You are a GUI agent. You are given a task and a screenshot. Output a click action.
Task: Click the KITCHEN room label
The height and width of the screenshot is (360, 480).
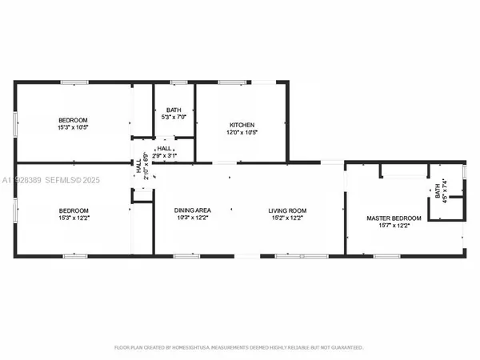click(242, 125)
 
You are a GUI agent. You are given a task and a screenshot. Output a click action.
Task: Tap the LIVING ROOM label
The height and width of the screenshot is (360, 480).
click(287, 210)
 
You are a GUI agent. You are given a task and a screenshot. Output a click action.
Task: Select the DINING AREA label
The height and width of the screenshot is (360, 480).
click(192, 210)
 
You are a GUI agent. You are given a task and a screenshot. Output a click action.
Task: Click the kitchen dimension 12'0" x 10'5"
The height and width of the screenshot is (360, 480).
click(242, 133)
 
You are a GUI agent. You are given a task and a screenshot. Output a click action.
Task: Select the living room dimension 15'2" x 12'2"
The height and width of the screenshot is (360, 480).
click(287, 218)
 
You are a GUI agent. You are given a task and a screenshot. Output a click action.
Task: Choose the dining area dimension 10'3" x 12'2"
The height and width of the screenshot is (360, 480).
click(192, 218)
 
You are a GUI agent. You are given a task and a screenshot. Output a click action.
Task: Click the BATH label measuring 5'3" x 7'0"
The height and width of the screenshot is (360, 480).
click(174, 110)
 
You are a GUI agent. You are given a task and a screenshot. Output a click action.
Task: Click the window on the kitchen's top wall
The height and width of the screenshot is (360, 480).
click(233, 82)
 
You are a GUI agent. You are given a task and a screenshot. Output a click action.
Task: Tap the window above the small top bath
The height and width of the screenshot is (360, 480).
click(178, 82)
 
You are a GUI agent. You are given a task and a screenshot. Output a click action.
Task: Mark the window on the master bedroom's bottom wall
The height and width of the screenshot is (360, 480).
click(387, 256)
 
